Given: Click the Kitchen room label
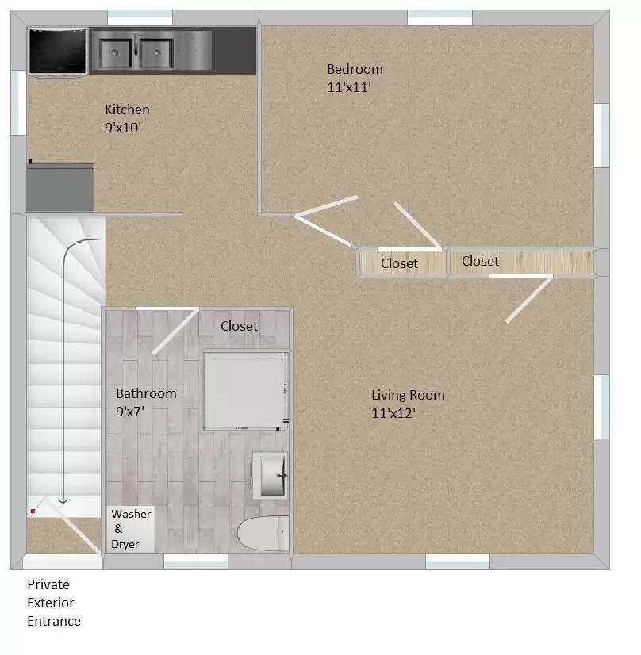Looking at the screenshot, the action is tap(127, 109).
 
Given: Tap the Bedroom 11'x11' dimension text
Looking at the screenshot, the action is tap(349, 87).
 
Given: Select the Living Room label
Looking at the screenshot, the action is tap(408, 395).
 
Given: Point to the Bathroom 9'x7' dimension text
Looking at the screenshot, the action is tap(130, 412).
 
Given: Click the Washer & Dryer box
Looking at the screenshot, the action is tap(131, 529).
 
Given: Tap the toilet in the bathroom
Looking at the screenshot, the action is tap(263, 533).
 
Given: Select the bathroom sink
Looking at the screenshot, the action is tap(271, 475).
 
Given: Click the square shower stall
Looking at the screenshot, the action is tap(246, 391).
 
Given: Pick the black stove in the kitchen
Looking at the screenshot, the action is tap(58, 52).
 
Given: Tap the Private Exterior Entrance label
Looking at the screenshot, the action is tap(54, 603).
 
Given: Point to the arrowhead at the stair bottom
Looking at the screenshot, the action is tap(63, 500).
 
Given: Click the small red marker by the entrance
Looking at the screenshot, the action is tap(33, 511).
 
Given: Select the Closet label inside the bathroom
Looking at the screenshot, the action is tap(239, 326).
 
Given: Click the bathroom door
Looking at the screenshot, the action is tap(175, 331).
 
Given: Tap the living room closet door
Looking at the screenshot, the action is tap(529, 299).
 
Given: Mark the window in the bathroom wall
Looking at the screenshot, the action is tap(196, 562).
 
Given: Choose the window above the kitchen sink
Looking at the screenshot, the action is tap(140, 18).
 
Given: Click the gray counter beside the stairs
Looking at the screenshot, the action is tap(60, 188).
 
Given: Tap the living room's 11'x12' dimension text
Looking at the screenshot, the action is tap(393, 413).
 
